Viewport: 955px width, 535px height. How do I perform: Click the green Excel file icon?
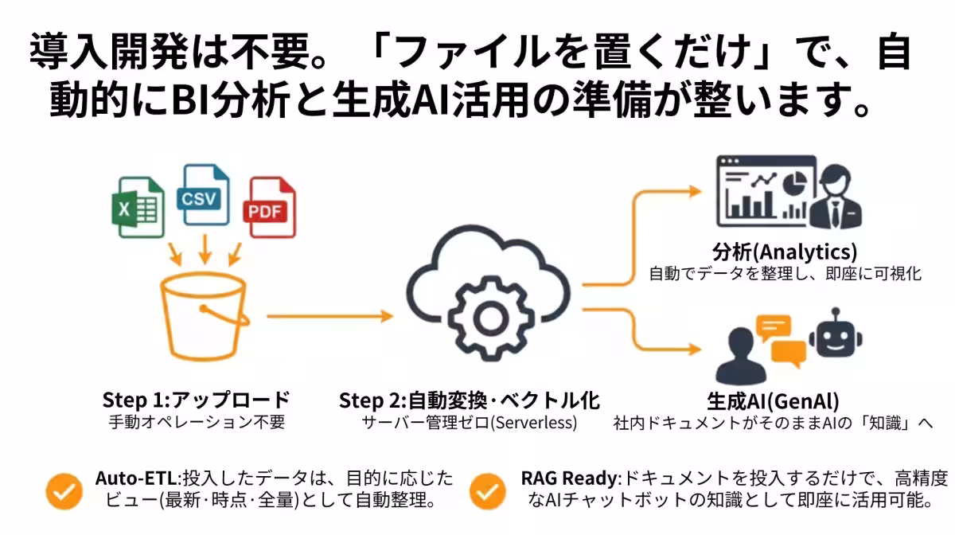pos(138,207)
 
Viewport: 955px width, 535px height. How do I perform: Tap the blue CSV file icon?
pos(204,195)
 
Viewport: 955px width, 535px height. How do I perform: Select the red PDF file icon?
pos(270,207)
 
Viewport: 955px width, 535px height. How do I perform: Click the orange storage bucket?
pos(205,316)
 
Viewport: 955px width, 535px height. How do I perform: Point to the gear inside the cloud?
pos(491,318)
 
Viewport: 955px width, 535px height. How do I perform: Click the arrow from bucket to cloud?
pos(329,317)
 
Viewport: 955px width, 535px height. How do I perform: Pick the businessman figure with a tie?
pos(836,197)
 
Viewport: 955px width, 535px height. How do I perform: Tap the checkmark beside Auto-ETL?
pos(64,491)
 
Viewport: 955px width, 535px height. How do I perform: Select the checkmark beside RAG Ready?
pos(488,491)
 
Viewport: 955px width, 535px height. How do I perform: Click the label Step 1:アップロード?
pos(196,400)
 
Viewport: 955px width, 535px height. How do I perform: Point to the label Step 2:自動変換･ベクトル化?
pos(470,400)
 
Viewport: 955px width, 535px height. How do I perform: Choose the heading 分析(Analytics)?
pos(785,252)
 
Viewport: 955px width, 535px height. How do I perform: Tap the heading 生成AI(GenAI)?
pos(773,401)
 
